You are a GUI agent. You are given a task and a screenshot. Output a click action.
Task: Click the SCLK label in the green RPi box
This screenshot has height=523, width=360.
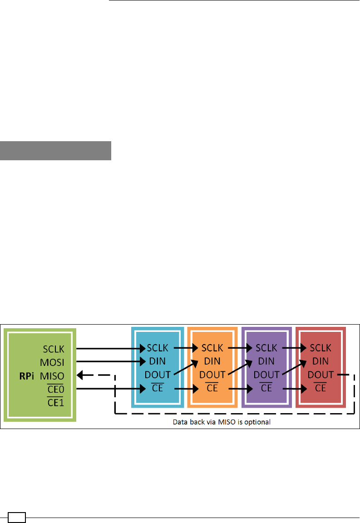54,349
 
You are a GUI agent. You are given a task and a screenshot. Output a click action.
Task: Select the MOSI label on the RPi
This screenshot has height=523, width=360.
54,362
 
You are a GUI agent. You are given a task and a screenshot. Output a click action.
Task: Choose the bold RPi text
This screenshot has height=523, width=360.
30,375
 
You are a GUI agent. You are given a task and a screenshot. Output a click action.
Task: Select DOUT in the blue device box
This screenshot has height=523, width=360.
158,375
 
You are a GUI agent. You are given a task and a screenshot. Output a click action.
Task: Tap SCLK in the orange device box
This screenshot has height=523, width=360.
212,348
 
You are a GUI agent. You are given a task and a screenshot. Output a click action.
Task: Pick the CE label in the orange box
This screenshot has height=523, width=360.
212,389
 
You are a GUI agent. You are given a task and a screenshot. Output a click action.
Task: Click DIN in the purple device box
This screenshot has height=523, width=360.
266,361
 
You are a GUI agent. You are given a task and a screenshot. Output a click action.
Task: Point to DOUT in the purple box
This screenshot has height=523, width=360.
266,375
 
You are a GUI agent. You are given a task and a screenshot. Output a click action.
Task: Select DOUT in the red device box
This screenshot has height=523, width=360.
321,375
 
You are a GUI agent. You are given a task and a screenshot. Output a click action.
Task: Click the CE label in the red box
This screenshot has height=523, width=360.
321,389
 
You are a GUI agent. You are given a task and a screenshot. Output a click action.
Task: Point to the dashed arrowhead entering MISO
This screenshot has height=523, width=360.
81,375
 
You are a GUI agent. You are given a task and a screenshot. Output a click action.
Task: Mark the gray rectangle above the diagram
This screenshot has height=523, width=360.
55,151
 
